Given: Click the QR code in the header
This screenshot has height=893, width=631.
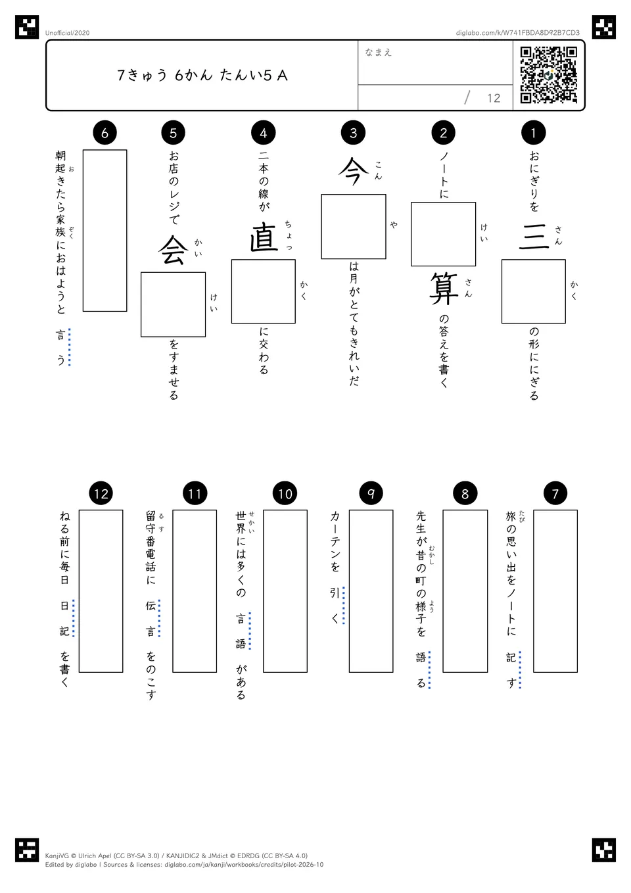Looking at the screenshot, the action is (549, 75).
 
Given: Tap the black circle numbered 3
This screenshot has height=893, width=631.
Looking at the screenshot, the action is (354, 133).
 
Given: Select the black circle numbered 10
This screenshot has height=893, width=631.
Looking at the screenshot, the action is (285, 494).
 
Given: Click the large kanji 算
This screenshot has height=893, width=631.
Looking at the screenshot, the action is (444, 289).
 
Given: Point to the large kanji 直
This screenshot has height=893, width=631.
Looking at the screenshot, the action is (264, 237).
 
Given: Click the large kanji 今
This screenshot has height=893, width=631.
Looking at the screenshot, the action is (354, 172).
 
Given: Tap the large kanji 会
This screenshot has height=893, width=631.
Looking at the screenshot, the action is (174, 250).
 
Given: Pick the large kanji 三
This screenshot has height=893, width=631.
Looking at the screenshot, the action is (534, 237).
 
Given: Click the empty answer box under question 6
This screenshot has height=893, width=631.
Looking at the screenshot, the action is (105, 230).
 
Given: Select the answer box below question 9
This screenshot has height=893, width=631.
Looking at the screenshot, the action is (371, 591).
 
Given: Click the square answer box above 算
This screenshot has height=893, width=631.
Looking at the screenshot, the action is (444, 234).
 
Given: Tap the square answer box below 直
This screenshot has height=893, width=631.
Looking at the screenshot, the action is (264, 291).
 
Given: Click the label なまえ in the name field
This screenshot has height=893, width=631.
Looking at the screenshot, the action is (379, 52).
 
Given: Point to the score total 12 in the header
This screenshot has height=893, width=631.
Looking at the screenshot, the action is (494, 98).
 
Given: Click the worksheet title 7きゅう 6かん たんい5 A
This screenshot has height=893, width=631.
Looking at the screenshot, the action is (202, 76).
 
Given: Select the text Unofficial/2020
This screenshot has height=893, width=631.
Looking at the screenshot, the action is (67, 33).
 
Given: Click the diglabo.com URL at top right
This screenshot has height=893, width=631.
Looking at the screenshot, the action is (518, 33).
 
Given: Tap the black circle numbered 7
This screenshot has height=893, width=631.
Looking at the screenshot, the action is (555, 494).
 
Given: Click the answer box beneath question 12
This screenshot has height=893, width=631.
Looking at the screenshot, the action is (101, 591).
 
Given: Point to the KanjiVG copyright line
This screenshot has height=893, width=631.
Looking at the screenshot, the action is (176, 856).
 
